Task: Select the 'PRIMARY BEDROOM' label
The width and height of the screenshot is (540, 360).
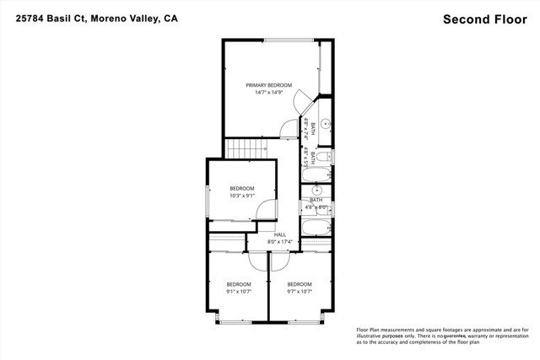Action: (268, 85)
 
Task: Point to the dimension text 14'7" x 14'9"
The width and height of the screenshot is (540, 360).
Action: (268, 93)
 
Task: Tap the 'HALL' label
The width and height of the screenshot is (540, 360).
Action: (280, 234)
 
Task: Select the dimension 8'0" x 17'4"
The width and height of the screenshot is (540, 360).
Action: (280, 242)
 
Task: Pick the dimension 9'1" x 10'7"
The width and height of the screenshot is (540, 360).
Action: (239, 292)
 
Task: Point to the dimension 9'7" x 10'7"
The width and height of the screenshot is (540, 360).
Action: (300, 292)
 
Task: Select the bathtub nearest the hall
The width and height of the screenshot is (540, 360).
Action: (317, 228)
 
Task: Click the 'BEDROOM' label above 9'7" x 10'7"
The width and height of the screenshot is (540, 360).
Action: (300, 284)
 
